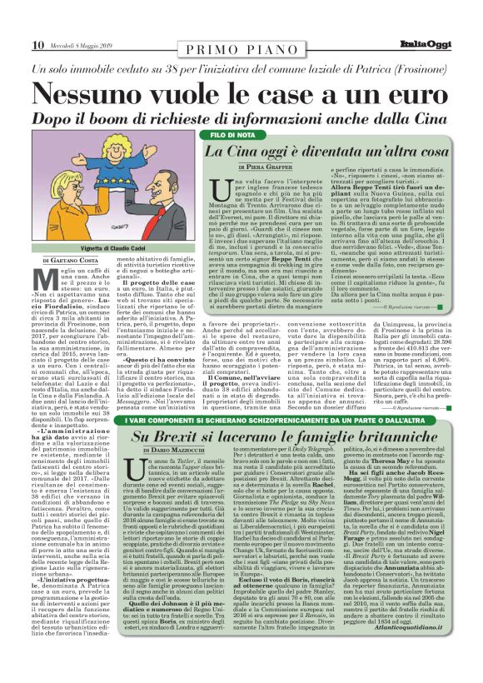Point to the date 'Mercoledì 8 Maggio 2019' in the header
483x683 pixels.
coord(79,45)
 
